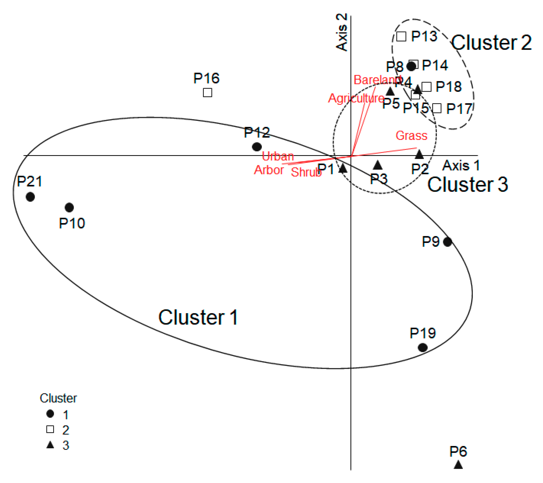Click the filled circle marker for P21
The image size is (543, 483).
coord(30,197)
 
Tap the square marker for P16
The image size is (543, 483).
coord(207,93)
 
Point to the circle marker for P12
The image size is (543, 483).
coord(257,147)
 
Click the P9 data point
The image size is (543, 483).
coord(448,242)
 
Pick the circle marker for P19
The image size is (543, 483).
coord(423,347)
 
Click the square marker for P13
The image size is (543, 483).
coord(401,36)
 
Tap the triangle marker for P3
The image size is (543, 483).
coord(378,166)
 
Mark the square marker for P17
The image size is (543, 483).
coord(437,108)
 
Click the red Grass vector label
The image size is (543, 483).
coord(411,136)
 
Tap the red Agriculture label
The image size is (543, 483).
coord(356,98)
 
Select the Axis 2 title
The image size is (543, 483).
coord(342,32)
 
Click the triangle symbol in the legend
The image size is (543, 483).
coord(50,445)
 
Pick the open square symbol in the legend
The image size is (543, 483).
coord(50,429)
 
